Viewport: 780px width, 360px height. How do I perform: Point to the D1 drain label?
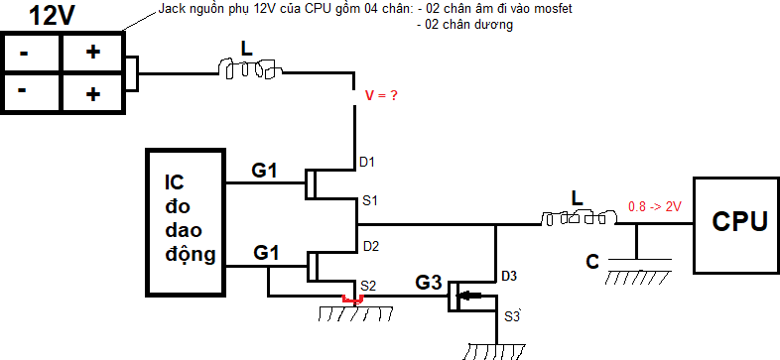(x=368, y=160)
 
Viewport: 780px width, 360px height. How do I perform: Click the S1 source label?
(x=370, y=200)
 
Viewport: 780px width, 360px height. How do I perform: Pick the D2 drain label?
(x=370, y=245)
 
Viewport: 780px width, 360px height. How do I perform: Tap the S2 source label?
(x=368, y=286)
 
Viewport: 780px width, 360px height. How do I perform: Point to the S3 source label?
(x=512, y=316)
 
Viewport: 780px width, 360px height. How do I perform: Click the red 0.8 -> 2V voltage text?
(x=654, y=208)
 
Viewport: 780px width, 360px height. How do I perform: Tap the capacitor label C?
(x=591, y=262)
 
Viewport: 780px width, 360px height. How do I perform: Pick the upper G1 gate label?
(x=263, y=171)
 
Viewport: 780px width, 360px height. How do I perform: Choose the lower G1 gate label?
(x=263, y=253)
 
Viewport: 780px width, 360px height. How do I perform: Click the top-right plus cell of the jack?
(x=93, y=53)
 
